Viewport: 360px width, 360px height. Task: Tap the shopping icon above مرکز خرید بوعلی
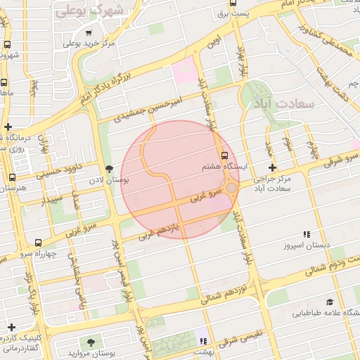tap(88, 32)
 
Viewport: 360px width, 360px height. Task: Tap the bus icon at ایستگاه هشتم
tap(224, 155)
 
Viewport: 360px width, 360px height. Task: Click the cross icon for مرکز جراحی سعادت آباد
tap(273, 167)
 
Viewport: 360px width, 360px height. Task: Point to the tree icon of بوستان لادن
tap(108, 169)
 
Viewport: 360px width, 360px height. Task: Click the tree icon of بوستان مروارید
tap(91, 342)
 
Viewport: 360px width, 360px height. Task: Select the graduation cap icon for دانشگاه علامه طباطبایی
tap(330, 300)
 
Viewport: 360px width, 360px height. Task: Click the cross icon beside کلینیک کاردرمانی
tap(11, 327)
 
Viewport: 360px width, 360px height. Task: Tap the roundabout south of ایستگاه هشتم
tap(231, 188)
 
